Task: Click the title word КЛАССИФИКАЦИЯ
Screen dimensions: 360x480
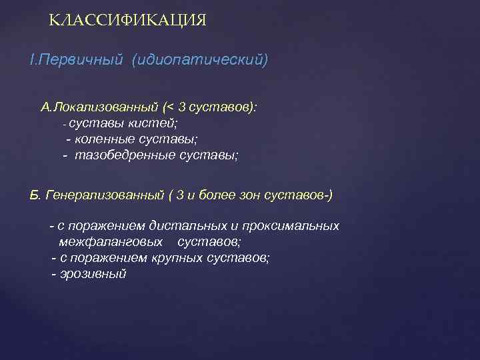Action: coord(128,21)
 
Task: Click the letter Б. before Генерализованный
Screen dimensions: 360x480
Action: coord(35,195)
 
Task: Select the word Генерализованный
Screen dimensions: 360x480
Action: coord(105,195)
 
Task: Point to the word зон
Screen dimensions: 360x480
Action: coord(261,195)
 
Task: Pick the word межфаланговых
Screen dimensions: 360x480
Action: coord(107,242)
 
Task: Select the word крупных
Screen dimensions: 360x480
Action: coord(157,258)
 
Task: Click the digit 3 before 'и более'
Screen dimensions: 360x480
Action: coord(181,195)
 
